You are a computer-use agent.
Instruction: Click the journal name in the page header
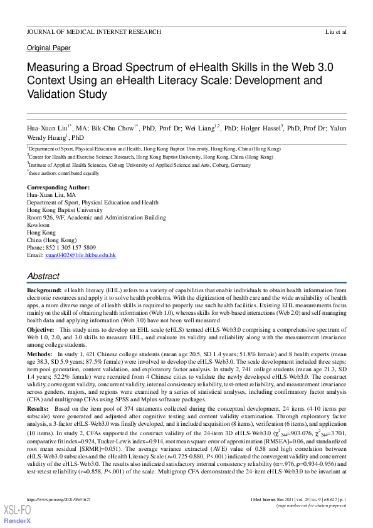point(94,31)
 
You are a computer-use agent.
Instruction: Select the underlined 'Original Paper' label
point(49,48)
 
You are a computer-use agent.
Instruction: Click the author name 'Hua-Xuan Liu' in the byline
point(48,128)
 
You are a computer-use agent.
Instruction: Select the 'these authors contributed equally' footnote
point(64,173)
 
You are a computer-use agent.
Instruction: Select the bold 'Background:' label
point(44,291)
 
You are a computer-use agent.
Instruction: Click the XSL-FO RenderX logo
point(16,516)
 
